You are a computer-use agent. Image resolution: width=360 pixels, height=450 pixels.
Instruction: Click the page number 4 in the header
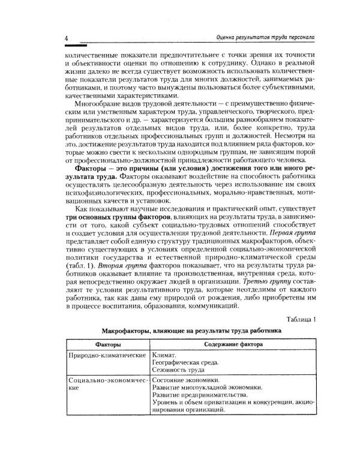65,38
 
